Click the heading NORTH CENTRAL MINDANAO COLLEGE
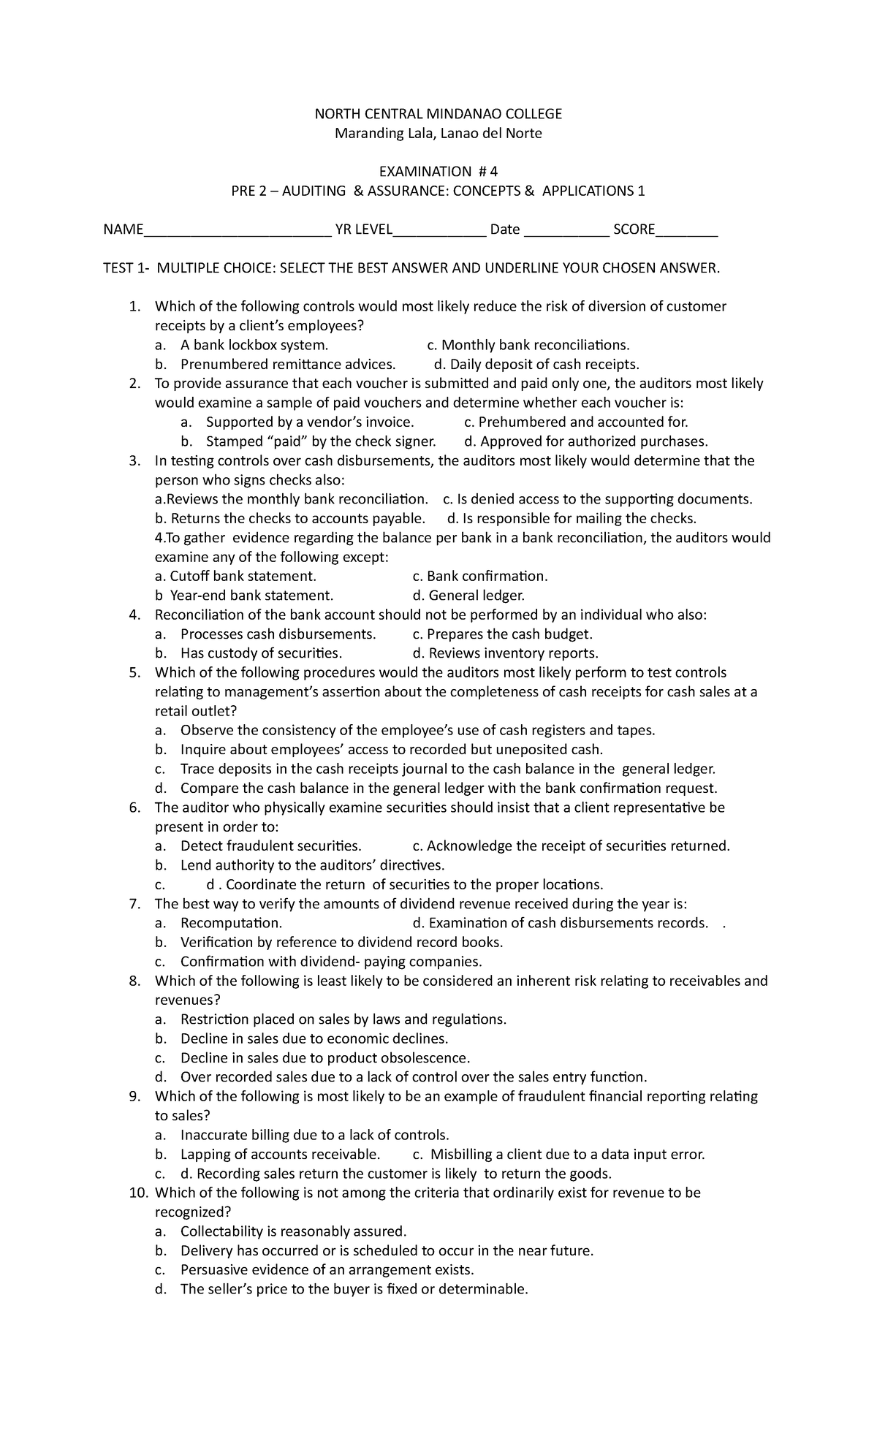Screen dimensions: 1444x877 438,114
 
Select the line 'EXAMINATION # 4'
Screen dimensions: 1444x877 438,172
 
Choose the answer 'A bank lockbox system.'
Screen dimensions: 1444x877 254,345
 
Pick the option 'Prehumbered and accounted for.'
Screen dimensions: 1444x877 583,422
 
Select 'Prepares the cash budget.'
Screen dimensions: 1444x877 509,634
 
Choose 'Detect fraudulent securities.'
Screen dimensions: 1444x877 271,846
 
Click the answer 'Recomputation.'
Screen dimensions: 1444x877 231,923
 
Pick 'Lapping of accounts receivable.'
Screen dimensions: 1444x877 281,1155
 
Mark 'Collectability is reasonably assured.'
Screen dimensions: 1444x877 293,1231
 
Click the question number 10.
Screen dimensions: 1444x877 139,1193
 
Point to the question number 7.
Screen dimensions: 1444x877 134,904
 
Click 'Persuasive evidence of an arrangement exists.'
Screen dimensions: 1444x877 327,1270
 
